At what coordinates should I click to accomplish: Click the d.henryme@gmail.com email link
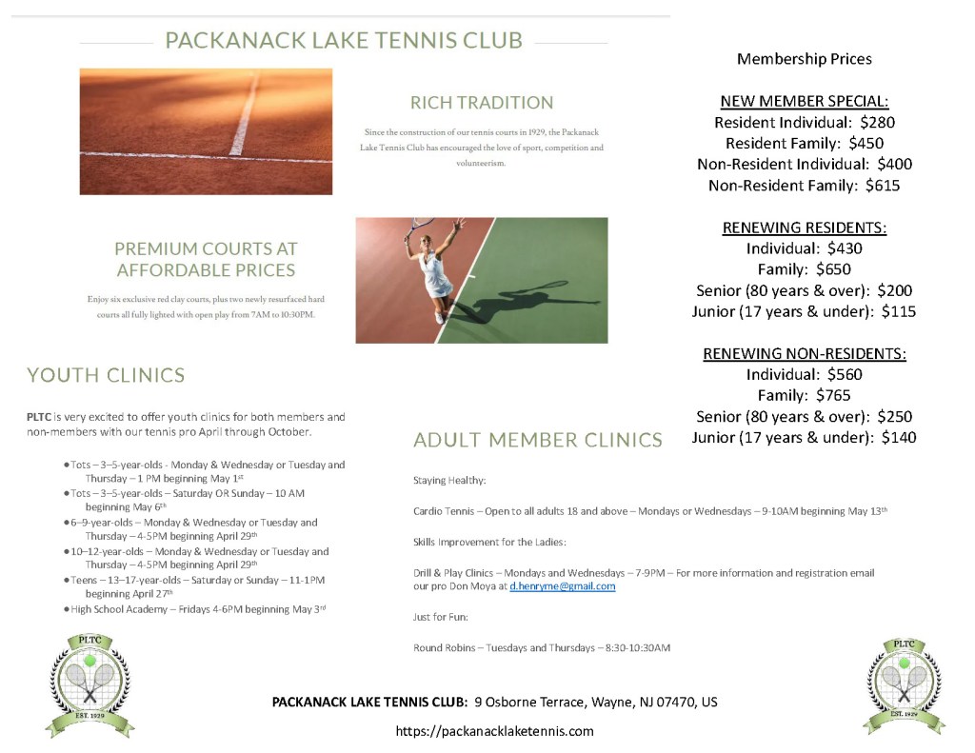pyautogui.click(x=562, y=586)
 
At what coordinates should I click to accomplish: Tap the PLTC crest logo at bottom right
pyautogui.click(x=905, y=684)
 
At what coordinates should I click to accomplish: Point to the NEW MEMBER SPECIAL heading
pyautogui.click(x=805, y=102)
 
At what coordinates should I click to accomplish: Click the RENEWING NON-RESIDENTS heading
pyautogui.click(x=805, y=353)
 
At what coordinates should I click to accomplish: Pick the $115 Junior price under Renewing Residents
pyautogui.click(x=899, y=311)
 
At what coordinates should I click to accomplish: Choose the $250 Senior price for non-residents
pyautogui.click(x=895, y=416)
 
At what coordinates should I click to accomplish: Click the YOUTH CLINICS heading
pyautogui.click(x=106, y=375)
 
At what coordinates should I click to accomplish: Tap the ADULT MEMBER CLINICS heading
pyautogui.click(x=538, y=440)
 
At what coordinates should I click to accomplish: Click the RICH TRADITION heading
pyautogui.click(x=481, y=103)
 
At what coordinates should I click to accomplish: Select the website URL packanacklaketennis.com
pyautogui.click(x=494, y=731)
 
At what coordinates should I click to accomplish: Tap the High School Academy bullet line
pyautogui.click(x=198, y=608)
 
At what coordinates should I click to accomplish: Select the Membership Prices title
pyautogui.click(x=805, y=59)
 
